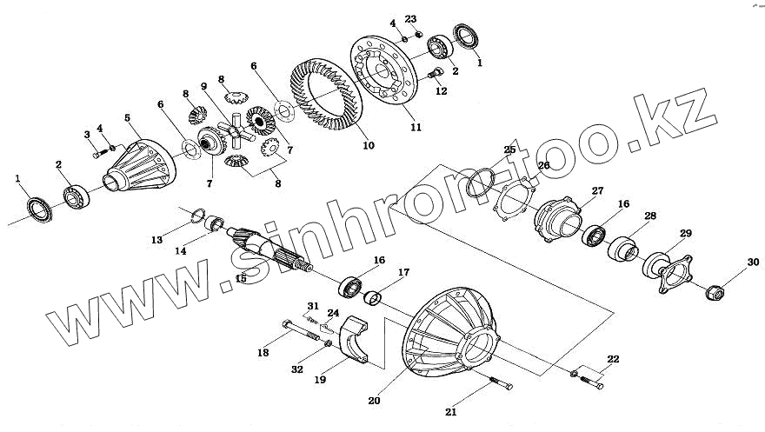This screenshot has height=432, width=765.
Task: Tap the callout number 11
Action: (416, 127)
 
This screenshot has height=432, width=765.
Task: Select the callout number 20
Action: (374, 402)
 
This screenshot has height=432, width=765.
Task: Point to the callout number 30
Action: (752, 262)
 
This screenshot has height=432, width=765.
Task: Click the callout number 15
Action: (241, 279)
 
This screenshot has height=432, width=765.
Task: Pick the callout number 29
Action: (686, 234)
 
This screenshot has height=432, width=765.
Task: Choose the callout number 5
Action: (127, 117)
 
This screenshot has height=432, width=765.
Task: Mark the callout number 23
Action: (411, 19)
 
